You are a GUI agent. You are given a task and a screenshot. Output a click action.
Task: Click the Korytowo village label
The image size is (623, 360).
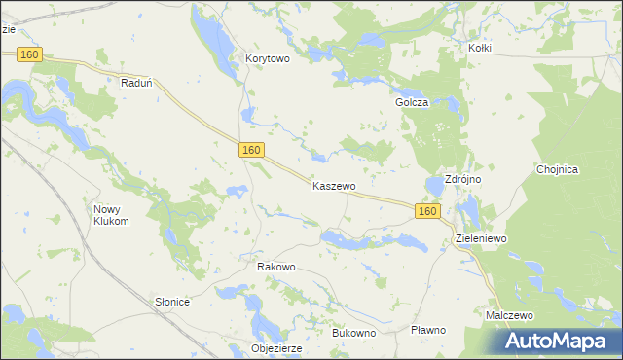[268, 58]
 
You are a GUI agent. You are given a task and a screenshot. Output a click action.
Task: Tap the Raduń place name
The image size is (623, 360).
[136, 84]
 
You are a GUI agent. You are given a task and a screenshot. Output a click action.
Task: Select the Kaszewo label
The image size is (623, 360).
[334, 185]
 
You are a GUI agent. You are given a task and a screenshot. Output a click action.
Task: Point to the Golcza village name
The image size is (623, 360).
[412, 102]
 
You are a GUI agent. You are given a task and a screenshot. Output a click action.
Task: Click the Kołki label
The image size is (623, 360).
[479, 48]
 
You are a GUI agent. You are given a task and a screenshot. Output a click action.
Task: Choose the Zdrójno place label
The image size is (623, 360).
[465, 180]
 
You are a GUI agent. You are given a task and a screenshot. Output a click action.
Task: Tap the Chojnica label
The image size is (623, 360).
[558, 169]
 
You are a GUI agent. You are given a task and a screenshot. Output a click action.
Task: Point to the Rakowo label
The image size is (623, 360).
[275, 267]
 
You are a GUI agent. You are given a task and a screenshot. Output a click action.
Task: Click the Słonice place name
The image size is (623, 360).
[172, 302]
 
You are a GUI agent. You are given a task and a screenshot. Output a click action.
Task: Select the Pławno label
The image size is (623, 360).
[428, 330]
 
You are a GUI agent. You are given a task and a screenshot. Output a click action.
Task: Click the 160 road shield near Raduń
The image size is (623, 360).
[29, 55]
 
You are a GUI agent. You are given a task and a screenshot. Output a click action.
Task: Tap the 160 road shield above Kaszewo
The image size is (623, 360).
[251, 150]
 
